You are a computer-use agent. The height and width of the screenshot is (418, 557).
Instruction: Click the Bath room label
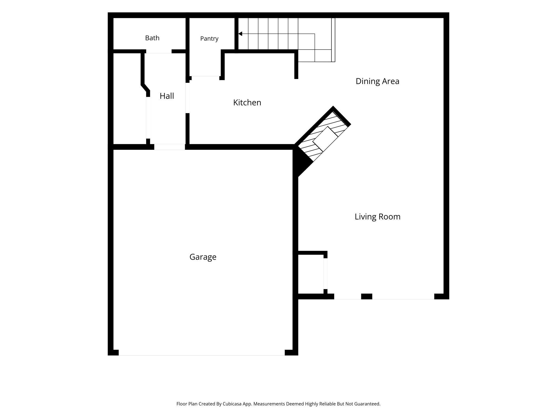tap(152, 38)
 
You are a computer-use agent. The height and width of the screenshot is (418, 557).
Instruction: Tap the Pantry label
tap(209, 39)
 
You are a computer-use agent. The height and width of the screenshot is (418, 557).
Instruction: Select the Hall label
tap(167, 96)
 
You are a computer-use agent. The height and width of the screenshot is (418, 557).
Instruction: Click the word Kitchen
tap(247, 102)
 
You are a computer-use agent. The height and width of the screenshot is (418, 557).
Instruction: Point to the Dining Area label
tap(377, 81)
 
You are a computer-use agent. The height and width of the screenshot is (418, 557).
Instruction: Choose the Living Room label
tap(378, 217)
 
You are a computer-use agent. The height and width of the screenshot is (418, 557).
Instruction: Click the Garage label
tap(203, 257)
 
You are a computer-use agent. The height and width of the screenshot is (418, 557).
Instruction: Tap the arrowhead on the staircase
tap(240, 34)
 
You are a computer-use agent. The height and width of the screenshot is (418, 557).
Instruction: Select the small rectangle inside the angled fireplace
tap(325, 139)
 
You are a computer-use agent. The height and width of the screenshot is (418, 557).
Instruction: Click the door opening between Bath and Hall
tap(159, 51)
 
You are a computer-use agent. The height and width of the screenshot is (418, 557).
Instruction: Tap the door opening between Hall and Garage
tap(170, 147)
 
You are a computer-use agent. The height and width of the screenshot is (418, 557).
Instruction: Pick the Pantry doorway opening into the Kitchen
tap(205, 78)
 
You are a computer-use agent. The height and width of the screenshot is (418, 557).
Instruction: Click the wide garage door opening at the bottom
tap(202, 353)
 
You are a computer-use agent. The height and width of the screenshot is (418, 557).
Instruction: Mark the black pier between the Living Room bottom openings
tap(367, 296)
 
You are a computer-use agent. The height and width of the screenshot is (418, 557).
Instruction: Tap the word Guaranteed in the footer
tap(367, 404)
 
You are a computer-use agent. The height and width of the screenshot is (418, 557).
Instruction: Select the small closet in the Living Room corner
tap(311, 274)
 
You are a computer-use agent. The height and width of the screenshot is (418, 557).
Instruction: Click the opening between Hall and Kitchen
tap(188, 98)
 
